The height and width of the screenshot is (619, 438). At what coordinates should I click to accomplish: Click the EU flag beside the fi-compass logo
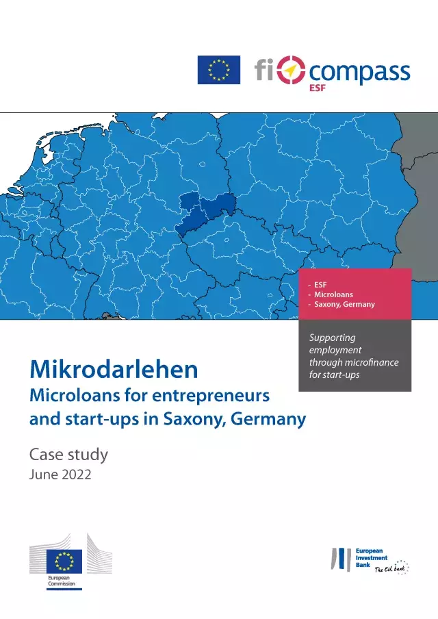pos(219,70)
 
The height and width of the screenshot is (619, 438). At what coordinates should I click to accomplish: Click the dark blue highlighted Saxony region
pos(205,212)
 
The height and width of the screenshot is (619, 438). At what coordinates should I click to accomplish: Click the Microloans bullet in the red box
pos(335,294)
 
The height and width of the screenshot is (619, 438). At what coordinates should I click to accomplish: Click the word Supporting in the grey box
pos(332,338)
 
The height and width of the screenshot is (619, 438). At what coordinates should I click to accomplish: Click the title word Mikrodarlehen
pos(114,370)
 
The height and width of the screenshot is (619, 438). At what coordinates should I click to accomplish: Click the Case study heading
pos(68,454)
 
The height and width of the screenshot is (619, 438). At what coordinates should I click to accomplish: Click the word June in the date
pos(43,474)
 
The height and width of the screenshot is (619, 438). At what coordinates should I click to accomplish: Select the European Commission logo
pos(69,561)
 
